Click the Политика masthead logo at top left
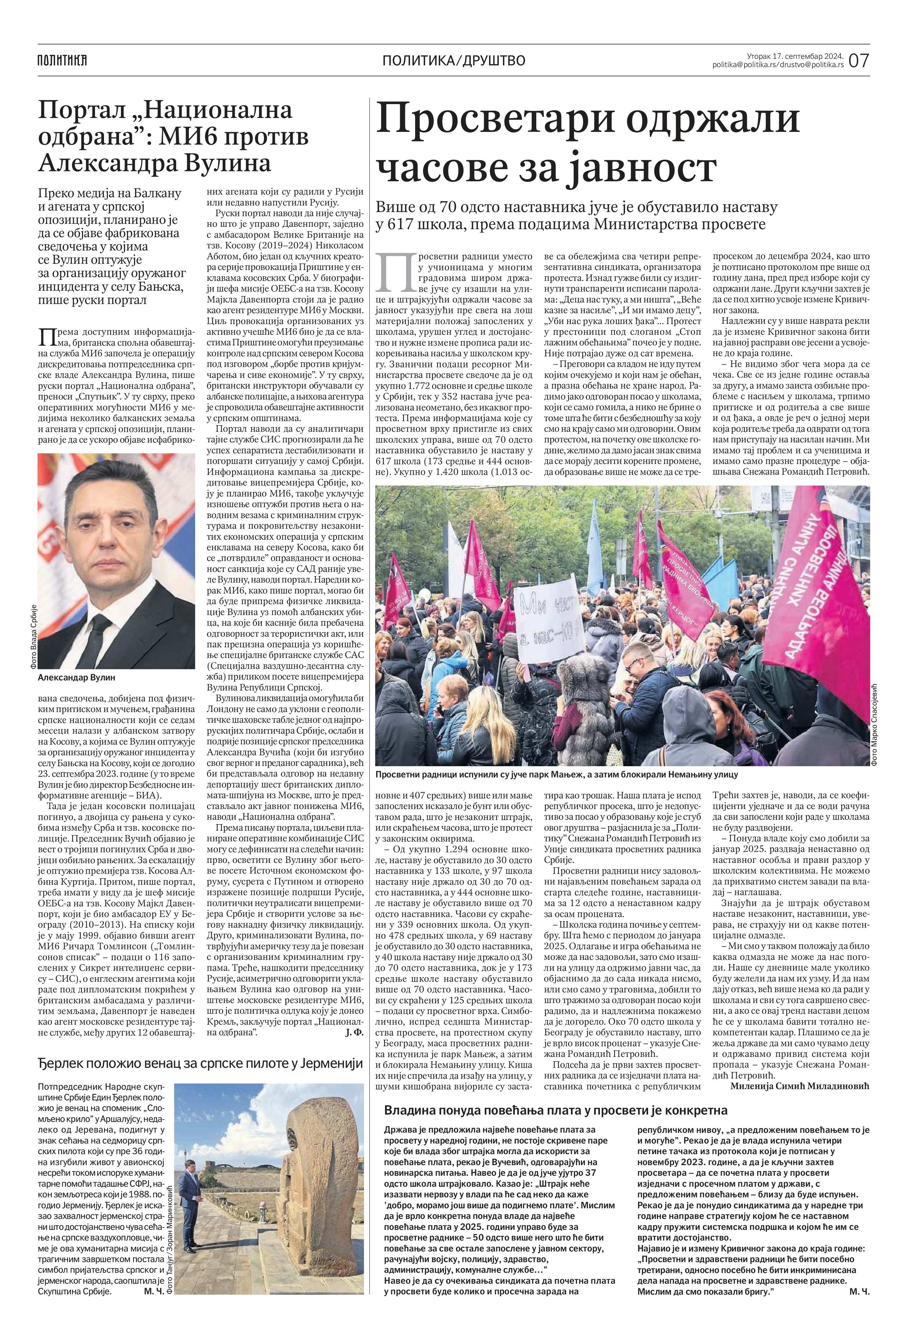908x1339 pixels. pyautogui.click(x=62, y=60)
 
